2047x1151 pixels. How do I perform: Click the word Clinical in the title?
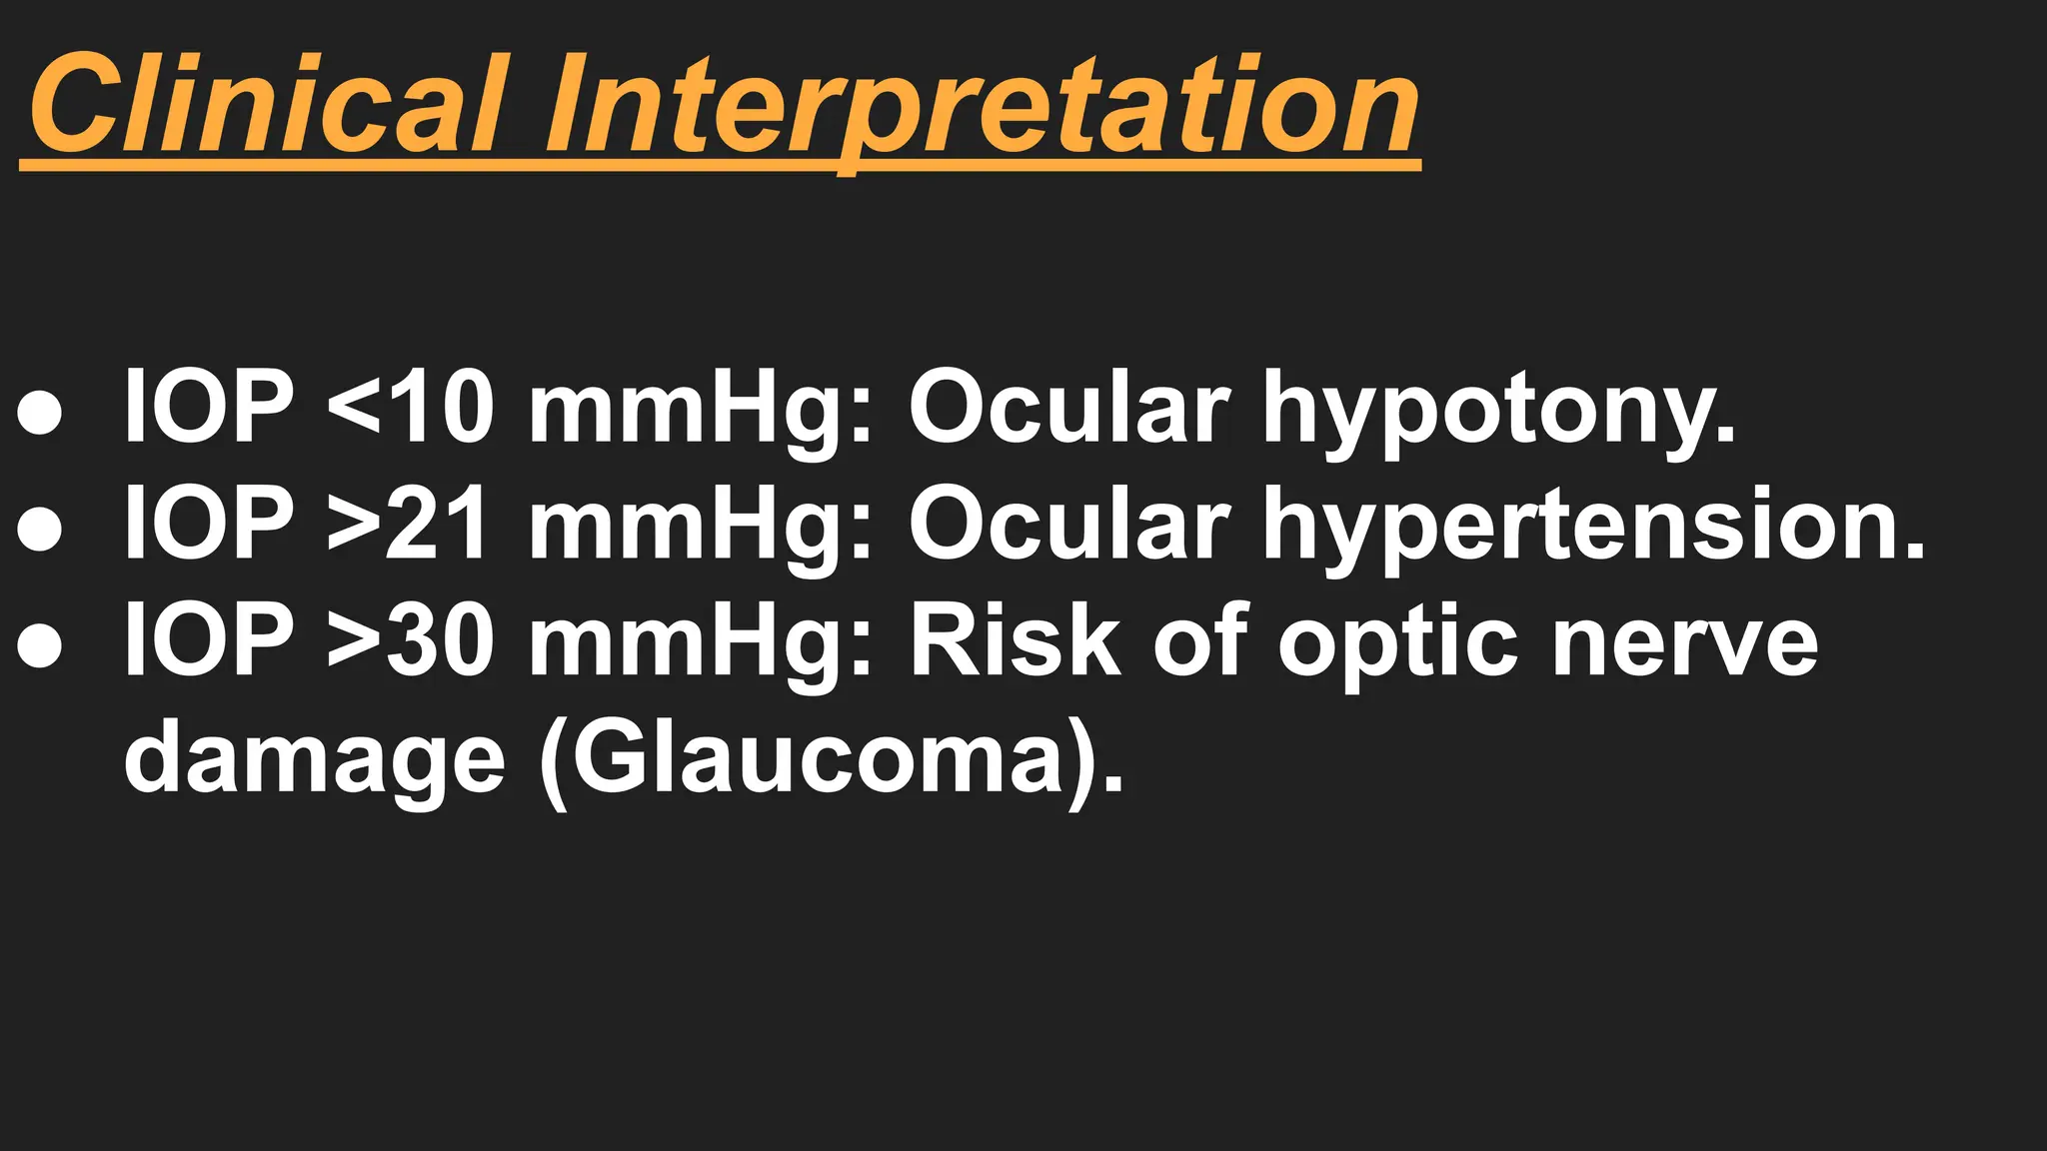pyautogui.click(x=265, y=105)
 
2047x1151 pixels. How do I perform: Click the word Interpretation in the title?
pyautogui.click(x=981, y=108)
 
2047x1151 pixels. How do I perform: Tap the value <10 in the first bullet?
pyautogui.click(x=410, y=407)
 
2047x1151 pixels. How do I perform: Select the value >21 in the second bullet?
pyautogui.click(x=410, y=524)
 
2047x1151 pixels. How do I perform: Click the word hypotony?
pyautogui.click(x=1498, y=410)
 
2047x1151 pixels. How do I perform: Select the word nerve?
pyautogui.click(x=1684, y=641)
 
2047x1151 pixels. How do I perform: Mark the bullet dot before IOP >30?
pyautogui.click(x=40, y=646)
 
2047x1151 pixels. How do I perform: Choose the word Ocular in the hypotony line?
pyautogui.click(x=1067, y=407)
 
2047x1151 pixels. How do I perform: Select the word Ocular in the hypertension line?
pyautogui.click(x=1067, y=524)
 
